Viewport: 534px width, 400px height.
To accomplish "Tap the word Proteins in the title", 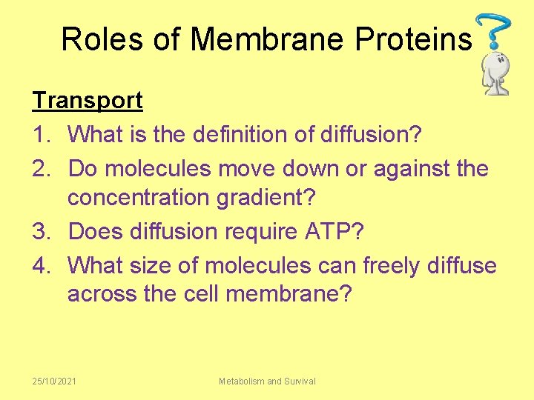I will (x=413, y=39).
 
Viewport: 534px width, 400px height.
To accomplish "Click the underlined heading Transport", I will (x=87, y=101).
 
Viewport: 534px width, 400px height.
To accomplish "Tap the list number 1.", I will (x=39, y=135).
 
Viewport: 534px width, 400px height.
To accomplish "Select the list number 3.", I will (x=39, y=231).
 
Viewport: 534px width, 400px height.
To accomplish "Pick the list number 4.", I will (x=39, y=264).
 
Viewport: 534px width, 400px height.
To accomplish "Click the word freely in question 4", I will (x=387, y=264).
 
